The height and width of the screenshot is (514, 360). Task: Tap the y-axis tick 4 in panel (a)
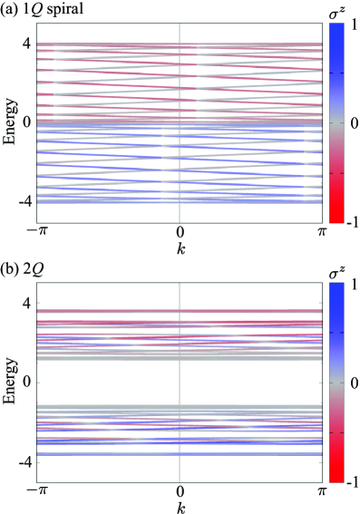(27, 44)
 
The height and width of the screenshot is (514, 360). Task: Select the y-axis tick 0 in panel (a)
(27, 121)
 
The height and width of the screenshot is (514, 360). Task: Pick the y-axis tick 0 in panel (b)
(27, 383)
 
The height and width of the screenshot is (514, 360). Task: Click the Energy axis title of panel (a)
(9, 121)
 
